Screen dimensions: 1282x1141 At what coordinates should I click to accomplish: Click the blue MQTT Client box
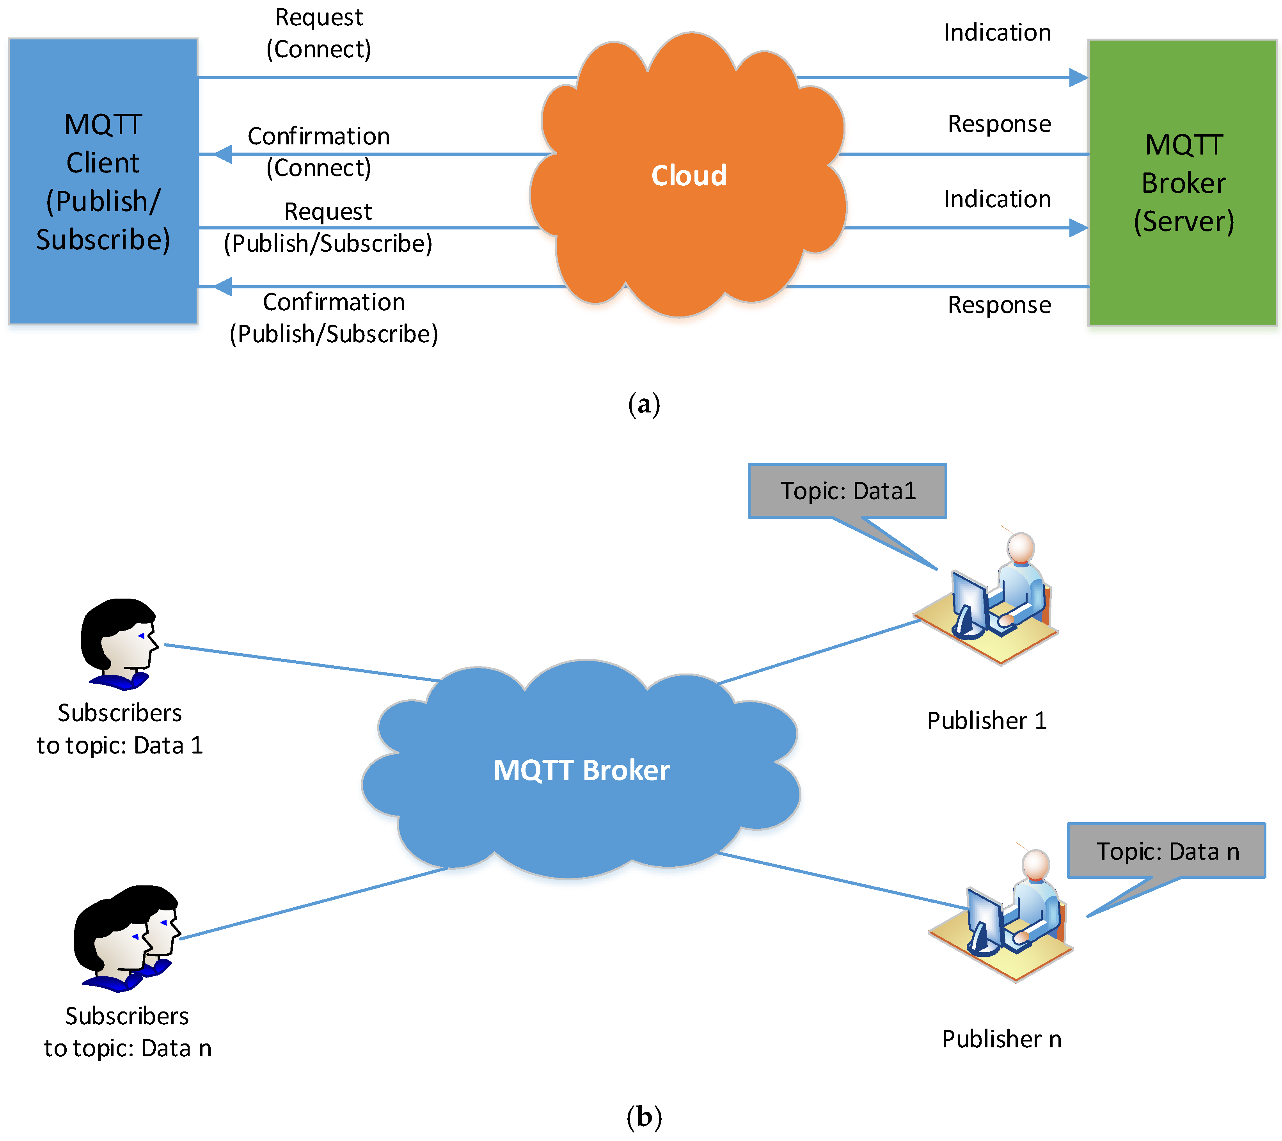coord(103,181)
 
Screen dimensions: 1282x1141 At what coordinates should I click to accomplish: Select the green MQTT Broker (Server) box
coord(1183,183)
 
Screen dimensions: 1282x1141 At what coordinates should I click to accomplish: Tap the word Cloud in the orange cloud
coord(689,176)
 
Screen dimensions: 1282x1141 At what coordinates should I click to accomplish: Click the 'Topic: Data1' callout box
coord(847,491)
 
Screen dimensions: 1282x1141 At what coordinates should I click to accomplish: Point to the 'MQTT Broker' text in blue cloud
coord(581,770)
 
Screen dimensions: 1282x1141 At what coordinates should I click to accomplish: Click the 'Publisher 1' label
coord(987,721)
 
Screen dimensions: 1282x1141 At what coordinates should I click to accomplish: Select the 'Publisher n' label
coord(1001,1040)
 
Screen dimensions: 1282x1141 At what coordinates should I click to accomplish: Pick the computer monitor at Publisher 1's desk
coord(969,603)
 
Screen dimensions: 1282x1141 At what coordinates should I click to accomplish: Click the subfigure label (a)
coord(644,405)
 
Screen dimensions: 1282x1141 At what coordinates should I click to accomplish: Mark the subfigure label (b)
coord(644,1117)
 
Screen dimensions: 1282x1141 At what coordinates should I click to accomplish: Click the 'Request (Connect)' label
coord(319,33)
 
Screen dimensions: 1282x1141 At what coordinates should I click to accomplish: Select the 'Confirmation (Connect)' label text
coord(319,152)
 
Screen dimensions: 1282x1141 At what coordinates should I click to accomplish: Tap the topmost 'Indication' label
coord(997,33)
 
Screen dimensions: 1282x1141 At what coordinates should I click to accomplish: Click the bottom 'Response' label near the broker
coord(999,305)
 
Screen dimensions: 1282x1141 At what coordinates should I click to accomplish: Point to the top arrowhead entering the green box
coord(1079,78)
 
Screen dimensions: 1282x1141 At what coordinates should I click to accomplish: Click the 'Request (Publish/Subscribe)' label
coord(328,227)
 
